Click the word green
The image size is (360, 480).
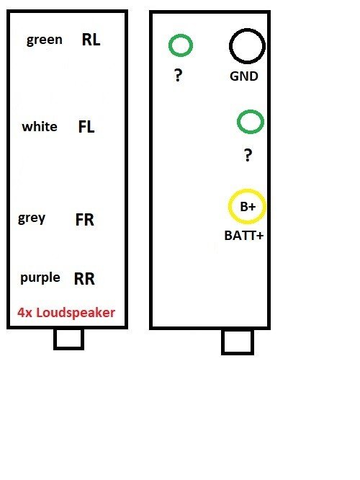[x=45, y=40]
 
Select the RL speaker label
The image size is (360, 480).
[x=91, y=40]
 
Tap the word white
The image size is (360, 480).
[x=40, y=126]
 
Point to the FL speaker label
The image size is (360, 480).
[x=86, y=126]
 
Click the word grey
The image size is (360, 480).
[x=32, y=218]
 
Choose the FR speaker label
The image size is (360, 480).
[x=84, y=220]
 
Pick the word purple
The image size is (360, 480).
[x=40, y=278]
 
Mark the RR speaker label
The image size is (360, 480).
[x=84, y=279]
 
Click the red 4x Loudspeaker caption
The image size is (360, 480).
[x=66, y=313]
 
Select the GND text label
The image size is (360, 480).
[x=244, y=76]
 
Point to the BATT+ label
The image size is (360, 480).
[x=244, y=236]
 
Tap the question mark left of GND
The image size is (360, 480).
[x=178, y=75]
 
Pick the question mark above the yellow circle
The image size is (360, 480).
[x=248, y=155]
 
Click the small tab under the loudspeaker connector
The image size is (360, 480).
[x=69, y=349]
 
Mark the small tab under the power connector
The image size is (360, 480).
[x=238, y=354]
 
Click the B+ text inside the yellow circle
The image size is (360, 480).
[x=248, y=207]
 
